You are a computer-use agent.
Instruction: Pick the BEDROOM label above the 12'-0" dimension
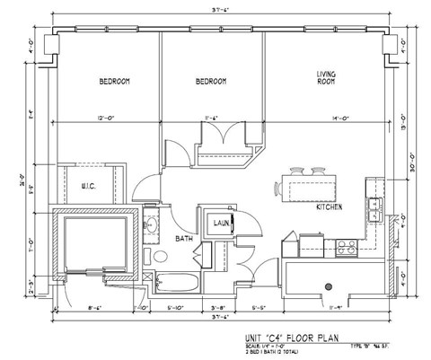[115, 82]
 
